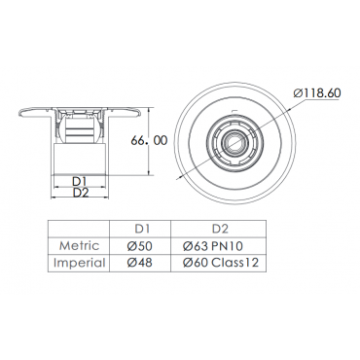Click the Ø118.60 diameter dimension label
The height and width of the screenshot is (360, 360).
(x=317, y=93)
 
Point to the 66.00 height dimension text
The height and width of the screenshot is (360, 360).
(x=149, y=140)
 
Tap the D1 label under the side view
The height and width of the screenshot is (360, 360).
(x=79, y=181)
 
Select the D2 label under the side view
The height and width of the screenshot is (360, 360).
(x=81, y=193)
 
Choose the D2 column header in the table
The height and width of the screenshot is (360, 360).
(x=220, y=229)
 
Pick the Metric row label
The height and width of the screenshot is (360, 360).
(x=79, y=246)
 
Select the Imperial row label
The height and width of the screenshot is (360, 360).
(x=80, y=263)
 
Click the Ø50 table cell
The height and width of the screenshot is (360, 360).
(x=139, y=246)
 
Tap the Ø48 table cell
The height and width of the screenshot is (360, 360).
(x=139, y=263)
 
